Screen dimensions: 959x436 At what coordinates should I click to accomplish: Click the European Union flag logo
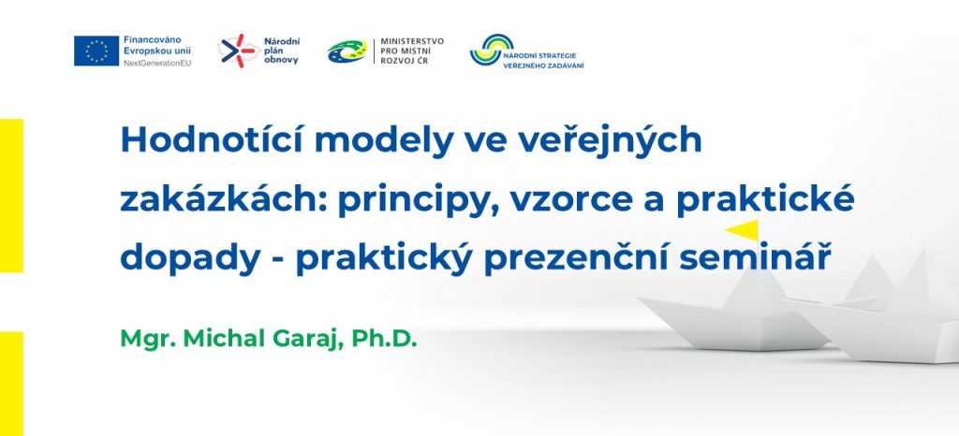coord(96,51)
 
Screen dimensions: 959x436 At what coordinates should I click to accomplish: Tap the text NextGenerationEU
coord(157,63)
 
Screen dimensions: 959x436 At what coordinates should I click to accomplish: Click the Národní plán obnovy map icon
coord(239,51)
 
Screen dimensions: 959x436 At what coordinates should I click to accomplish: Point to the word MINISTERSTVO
coord(412,41)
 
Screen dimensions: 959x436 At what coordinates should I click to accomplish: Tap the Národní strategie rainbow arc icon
coord(492,50)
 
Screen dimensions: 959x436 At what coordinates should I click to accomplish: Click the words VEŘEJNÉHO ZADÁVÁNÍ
coord(543,65)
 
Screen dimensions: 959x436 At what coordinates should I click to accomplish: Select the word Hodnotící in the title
coord(212,140)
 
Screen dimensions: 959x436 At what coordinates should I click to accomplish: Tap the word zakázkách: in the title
coord(223,200)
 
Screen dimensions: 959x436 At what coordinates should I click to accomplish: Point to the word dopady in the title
coord(190,259)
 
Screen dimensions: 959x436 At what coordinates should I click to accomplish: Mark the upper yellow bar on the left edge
coord(11,196)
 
